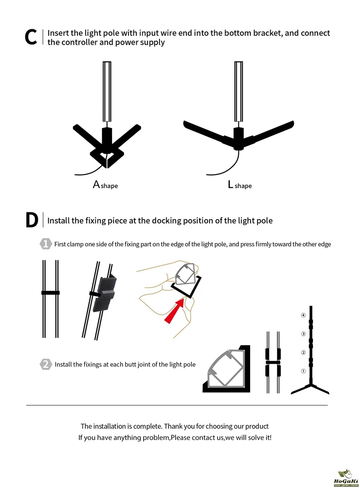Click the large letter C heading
pos(31,37)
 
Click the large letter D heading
pos(32,220)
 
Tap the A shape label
pos(105,185)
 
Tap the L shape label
pos(240,185)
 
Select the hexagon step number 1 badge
pos(46,244)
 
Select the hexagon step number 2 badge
pos(46,364)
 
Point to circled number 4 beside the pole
pos(303,315)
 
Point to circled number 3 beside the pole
pos(303,334)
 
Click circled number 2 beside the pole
pos(303,352)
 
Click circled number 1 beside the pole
pos(303,371)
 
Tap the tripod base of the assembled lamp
pos(310,388)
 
